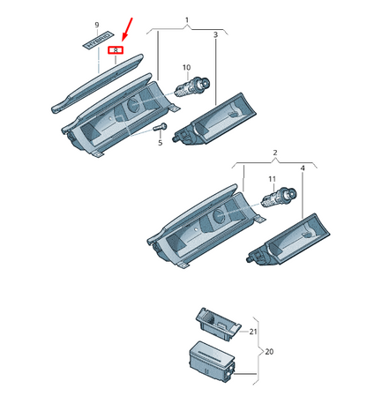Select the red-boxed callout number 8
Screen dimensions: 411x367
[x=116, y=51]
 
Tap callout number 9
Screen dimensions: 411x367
[x=97, y=26]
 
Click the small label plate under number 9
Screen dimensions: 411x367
[x=96, y=41]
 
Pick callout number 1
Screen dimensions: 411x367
[x=186, y=19]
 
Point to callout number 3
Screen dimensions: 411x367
[x=215, y=35]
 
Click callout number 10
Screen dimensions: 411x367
[x=185, y=68]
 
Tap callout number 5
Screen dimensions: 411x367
[x=160, y=142]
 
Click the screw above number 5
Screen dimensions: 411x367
[x=160, y=128]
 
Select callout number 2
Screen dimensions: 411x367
[x=273, y=153]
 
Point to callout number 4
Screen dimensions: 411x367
[x=303, y=168]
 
